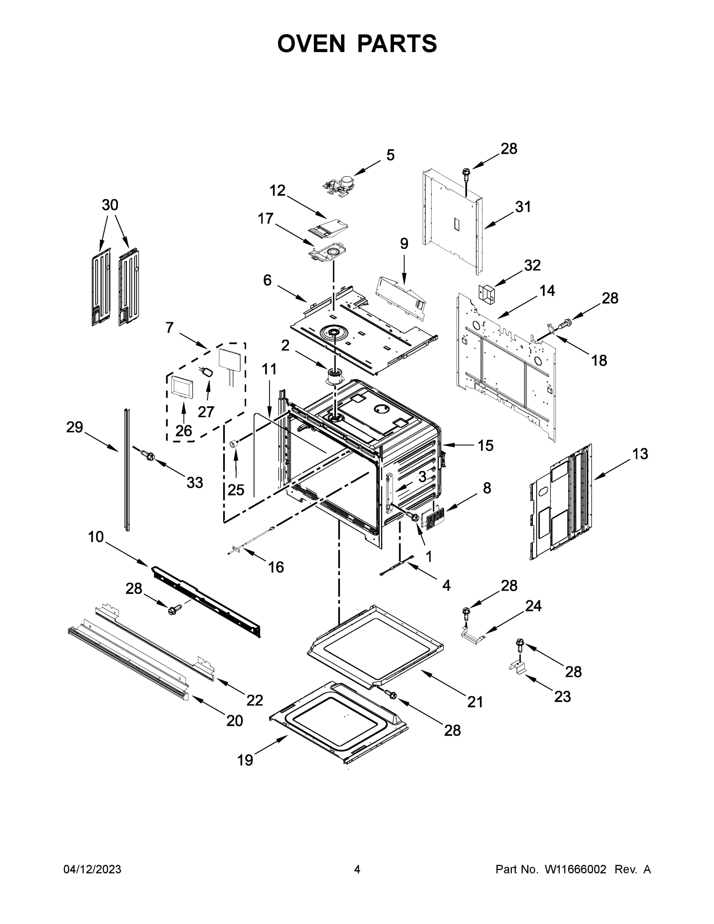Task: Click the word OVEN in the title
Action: pos(311,44)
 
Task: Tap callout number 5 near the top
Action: pos(390,155)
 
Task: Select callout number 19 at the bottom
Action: pos(245,760)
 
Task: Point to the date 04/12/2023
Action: pos(92,869)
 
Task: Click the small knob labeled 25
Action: pos(234,444)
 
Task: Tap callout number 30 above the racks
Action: pos(110,205)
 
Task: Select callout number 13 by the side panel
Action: pos(640,454)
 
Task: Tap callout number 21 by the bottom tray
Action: pos(475,702)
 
